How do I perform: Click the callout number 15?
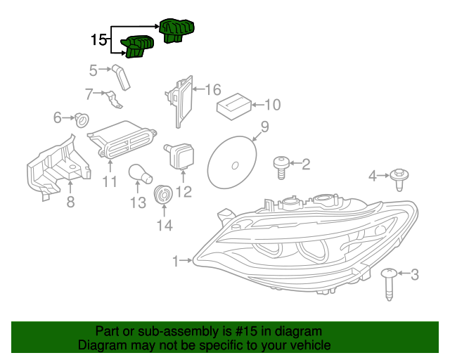[x=99, y=40]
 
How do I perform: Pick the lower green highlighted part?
[x=139, y=46]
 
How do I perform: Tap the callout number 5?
[x=93, y=70]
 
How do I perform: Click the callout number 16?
[x=212, y=89]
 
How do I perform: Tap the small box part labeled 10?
[x=233, y=106]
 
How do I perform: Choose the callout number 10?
[x=272, y=105]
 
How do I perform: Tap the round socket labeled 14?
[x=164, y=195]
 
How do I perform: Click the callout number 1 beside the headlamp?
[x=175, y=262]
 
